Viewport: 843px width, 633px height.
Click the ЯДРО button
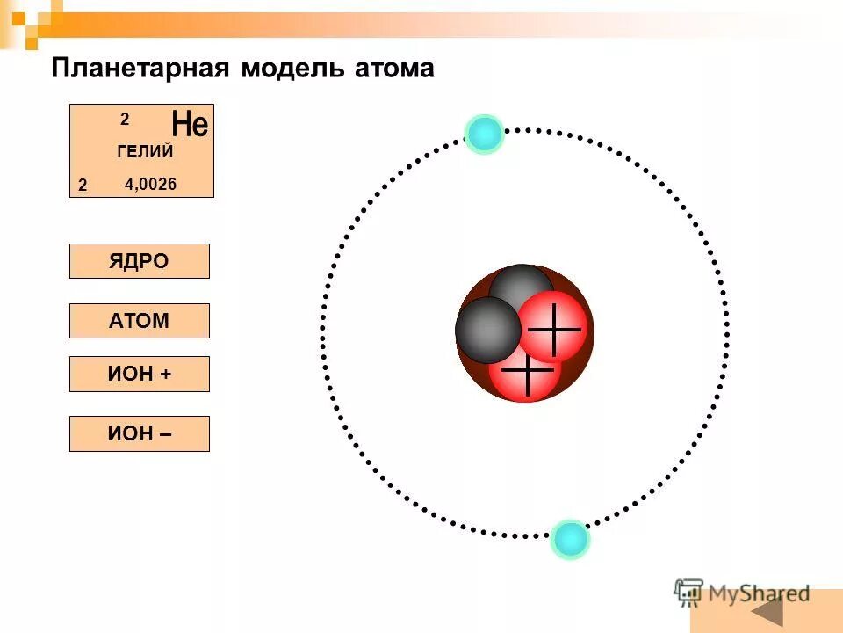click(139, 261)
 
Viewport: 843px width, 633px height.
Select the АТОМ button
click(139, 321)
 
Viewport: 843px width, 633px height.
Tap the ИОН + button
click(139, 374)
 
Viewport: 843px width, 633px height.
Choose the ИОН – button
click(139, 433)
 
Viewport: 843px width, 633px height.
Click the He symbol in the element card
click(190, 124)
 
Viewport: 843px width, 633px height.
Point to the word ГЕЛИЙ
click(145, 151)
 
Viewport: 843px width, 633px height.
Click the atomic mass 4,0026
click(151, 185)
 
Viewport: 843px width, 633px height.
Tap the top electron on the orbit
click(484, 134)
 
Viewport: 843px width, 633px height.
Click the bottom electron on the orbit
click(570, 538)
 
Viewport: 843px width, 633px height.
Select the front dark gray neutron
click(487, 331)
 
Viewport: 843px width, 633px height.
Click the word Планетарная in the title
click(141, 69)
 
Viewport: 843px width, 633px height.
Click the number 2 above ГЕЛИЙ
click(125, 119)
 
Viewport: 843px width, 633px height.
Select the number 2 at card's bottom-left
click(82, 186)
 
